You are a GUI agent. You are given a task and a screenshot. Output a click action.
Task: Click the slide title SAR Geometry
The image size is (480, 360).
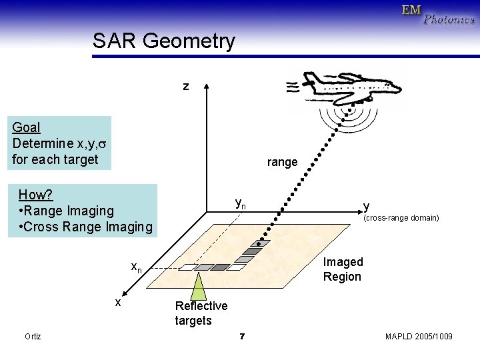click(164, 41)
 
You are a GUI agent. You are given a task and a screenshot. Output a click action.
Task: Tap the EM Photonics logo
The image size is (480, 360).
click(437, 14)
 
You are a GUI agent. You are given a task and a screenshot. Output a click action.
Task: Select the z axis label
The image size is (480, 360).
click(186, 86)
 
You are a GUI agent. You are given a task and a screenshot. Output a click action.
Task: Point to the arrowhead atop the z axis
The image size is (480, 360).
click(207, 87)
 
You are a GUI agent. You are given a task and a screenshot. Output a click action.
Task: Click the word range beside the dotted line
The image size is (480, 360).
click(282, 162)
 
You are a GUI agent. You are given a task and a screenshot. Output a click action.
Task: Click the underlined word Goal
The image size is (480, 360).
click(26, 127)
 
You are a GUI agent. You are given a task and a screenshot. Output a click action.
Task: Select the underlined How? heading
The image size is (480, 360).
click(35, 195)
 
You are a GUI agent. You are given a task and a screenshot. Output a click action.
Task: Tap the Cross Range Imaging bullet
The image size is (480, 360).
click(87, 227)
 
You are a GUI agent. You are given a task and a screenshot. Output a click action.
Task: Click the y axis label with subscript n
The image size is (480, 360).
click(241, 203)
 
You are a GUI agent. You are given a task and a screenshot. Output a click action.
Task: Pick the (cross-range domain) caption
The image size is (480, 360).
click(400, 218)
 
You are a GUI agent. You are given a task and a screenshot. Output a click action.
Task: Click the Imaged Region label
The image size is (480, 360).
click(343, 269)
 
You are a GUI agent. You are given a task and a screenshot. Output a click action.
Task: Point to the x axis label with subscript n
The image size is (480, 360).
click(136, 267)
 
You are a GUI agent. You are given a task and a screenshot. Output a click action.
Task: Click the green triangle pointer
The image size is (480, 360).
click(199, 287)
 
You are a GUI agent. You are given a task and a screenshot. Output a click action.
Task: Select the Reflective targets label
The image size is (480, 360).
click(201, 313)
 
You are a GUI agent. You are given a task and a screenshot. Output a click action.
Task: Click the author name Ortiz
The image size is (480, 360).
click(33, 337)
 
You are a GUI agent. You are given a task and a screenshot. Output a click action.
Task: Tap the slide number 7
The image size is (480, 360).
click(241, 337)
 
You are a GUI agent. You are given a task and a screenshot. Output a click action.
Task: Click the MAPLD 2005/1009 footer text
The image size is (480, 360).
click(419, 337)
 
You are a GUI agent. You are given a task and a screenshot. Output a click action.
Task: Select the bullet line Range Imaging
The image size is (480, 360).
click(67, 211)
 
